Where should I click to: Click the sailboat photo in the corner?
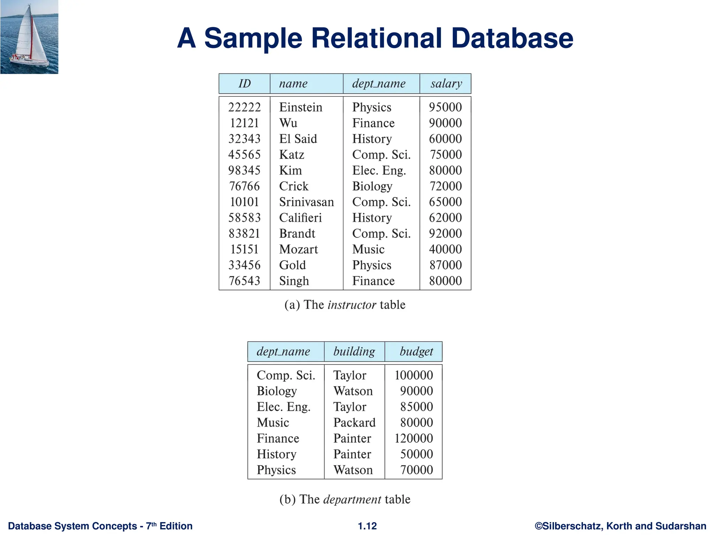[29, 37]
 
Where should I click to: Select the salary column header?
[446, 84]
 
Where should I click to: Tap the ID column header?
[244, 84]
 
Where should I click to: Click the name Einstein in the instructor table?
[301, 107]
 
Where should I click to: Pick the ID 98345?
[244, 170]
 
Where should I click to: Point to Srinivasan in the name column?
[306, 202]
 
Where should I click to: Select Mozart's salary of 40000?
[445, 249]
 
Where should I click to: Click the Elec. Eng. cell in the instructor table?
[379, 170]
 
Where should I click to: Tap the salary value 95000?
[445, 107]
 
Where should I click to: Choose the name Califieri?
[300, 218]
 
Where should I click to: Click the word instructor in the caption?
[352, 305]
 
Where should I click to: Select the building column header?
[354, 351]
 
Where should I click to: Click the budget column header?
[416, 351]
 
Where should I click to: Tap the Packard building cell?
[354, 422]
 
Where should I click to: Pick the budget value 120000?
[413, 438]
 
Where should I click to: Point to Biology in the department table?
[277, 391]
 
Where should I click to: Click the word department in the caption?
[352, 499]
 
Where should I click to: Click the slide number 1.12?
[367, 526]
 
